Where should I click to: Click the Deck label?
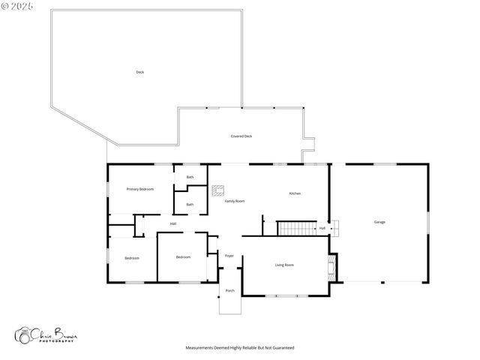click(139, 72)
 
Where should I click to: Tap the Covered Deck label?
click(241, 136)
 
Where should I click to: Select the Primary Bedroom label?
click(140, 189)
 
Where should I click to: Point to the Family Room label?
click(235, 201)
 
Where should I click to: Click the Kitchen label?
click(295, 194)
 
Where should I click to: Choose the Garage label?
click(379, 222)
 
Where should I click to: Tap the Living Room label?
click(283, 265)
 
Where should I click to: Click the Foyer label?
click(229, 256)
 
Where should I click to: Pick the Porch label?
click(229, 291)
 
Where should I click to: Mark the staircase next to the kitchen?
click(295, 228)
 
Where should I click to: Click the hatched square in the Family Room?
click(217, 190)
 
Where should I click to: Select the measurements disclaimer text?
click(240, 348)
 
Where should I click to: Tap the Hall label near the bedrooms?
click(173, 223)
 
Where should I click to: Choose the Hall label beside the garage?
click(322, 228)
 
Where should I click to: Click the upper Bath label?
click(190, 177)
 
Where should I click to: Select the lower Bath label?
click(190, 204)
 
